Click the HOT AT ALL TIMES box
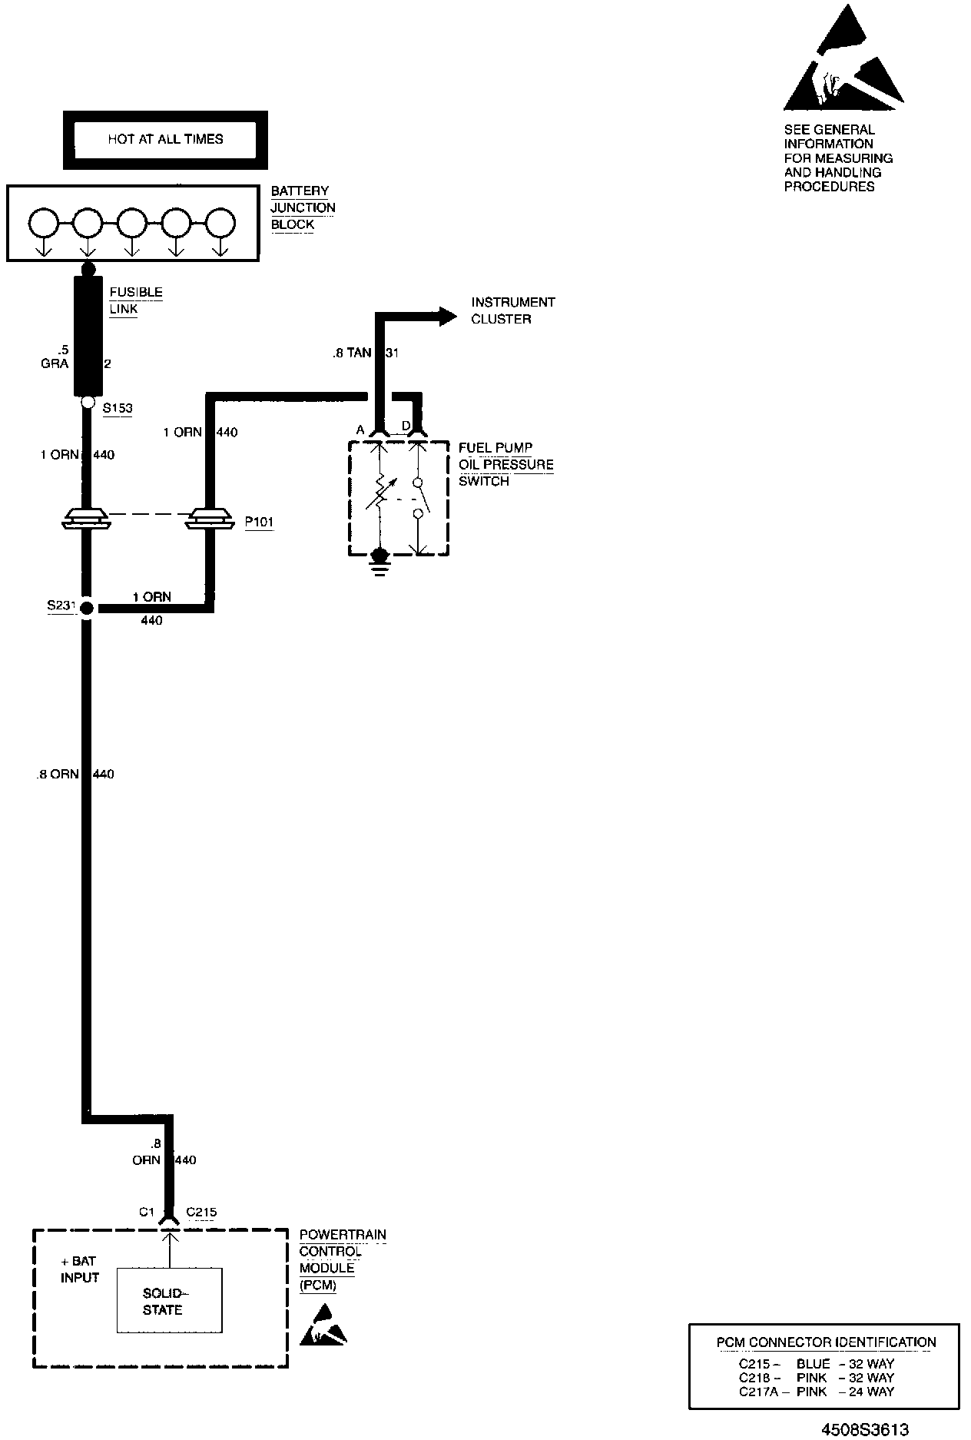165,140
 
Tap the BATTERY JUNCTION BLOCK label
303,207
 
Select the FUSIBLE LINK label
136,300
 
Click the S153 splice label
117,408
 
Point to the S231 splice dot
87,609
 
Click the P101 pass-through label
259,523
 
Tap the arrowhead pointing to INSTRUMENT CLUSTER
448,315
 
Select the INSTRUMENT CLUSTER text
512,310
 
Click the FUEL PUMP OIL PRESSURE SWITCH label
505,464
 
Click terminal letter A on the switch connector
360,430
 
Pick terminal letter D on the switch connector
406,426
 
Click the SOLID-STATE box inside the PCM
169,1301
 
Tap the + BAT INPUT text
80,1270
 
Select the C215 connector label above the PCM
201,1213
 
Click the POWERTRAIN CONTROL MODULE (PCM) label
342,1260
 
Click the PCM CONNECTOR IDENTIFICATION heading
826,1342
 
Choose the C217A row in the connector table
816,1392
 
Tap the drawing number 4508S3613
864,1429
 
